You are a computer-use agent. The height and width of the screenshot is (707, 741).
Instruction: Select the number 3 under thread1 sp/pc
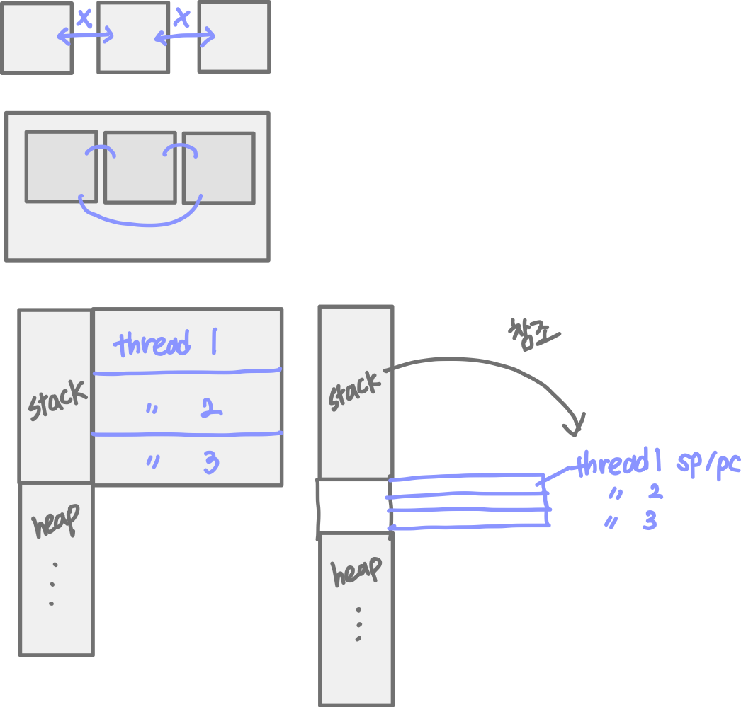(x=650, y=521)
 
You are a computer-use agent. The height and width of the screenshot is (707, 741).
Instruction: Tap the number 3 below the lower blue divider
(x=210, y=463)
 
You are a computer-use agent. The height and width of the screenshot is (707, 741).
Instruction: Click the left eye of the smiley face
(x=100, y=150)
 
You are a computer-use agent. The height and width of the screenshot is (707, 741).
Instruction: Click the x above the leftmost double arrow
(x=84, y=19)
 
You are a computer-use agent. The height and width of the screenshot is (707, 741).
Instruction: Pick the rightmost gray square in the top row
(x=234, y=37)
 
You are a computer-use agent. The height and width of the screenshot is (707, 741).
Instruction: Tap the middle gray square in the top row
(x=133, y=37)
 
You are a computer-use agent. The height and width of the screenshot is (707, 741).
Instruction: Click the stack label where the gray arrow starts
(x=355, y=393)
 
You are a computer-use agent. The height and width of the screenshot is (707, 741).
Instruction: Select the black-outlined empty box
(x=352, y=505)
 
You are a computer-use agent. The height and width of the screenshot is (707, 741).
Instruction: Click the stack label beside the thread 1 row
(x=57, y=401)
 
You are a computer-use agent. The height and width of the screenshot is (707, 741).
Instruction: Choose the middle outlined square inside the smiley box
(x=140, y=167)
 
